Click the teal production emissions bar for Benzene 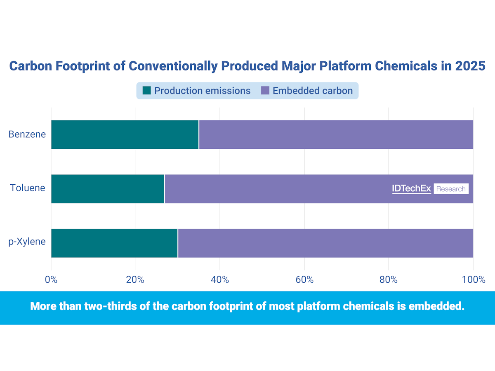125,134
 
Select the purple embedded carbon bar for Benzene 336,134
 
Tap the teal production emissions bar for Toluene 108,189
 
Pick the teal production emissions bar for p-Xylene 114,243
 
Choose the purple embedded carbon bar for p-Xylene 325,243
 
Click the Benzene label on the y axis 27,134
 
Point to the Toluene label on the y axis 28,188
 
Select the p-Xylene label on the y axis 27,242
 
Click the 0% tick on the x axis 51,280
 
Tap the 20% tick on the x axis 135,280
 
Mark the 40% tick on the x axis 219,280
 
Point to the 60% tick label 304,280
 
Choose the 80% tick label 388,280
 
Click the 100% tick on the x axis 473,280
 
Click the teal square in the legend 146,91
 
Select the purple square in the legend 265,91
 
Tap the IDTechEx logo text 411,189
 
